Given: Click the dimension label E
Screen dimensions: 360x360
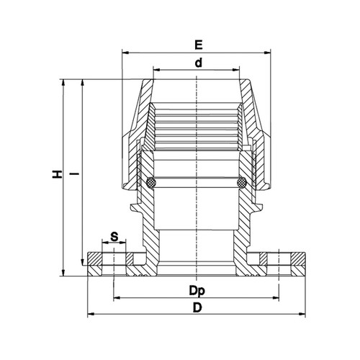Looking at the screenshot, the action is [199, 45].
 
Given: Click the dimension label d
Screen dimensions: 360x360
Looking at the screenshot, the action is [199, 63].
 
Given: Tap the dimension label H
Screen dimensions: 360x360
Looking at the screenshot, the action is [58, 174].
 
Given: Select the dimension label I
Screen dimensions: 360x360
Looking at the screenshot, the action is [76, 174].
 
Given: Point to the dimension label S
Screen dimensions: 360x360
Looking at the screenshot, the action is [114, 237].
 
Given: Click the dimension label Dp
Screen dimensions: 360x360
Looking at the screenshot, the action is [197, 291].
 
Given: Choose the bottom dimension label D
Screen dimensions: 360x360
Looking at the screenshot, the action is [197, 308].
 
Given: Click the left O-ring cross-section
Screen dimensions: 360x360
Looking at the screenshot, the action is [151, 183].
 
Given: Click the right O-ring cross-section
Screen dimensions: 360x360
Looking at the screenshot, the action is [242, 183].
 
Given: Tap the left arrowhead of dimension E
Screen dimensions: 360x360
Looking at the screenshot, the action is [125, 53].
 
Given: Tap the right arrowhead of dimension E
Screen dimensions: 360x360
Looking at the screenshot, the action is [267, 53].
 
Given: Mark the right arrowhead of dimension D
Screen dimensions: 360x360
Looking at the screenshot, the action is [302, 313].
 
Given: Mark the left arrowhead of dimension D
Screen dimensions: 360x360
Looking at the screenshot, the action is [91, 313].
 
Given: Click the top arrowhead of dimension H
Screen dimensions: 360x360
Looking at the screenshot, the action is [63, 83].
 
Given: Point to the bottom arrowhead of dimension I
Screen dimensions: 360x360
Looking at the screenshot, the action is [83, 262].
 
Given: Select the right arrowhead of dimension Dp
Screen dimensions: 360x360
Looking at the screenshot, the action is [276, 298].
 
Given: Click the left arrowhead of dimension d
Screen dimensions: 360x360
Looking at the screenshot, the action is [157, 70].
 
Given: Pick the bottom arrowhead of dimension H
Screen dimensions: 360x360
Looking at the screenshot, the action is [63, 272].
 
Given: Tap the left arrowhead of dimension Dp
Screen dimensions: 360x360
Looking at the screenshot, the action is [117, 298].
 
